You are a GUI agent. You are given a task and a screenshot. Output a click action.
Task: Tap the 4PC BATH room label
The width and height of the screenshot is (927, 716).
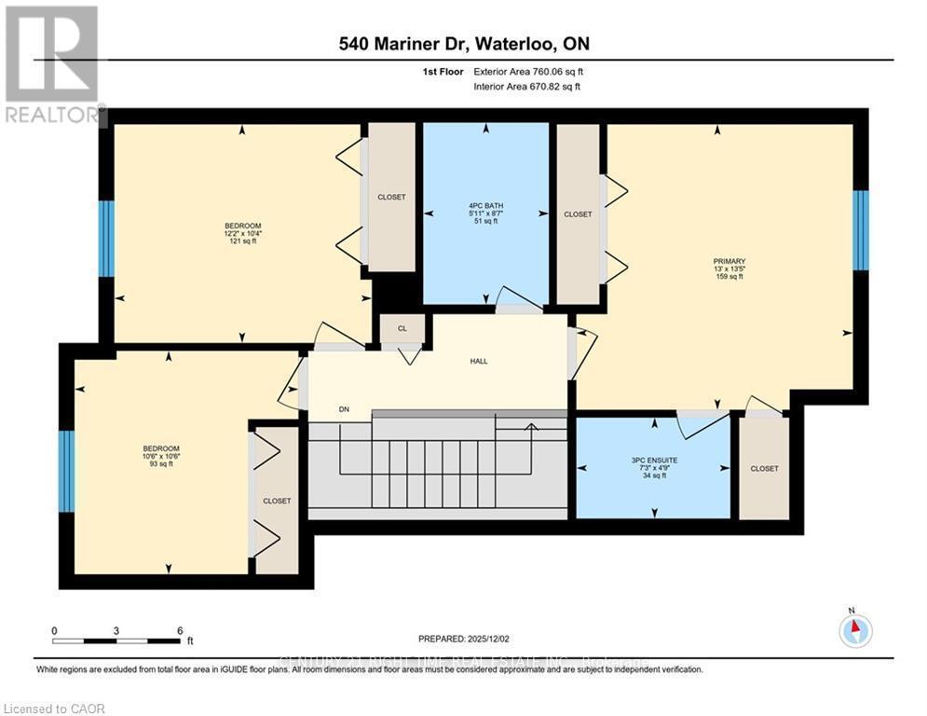click(x=485, y=213)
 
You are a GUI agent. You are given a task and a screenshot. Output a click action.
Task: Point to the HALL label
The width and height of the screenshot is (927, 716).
click(x=478, y=361)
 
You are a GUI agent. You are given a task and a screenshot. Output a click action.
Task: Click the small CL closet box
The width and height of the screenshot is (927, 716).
click(x=402, y=329)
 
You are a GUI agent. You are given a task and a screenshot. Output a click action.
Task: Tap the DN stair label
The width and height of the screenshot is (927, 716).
click(x=343, y=409)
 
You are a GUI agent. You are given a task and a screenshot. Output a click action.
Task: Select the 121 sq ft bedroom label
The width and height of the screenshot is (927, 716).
click(x=242, y=233)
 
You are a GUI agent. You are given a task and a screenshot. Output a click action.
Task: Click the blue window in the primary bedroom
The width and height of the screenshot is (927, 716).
click(x=861, y=230)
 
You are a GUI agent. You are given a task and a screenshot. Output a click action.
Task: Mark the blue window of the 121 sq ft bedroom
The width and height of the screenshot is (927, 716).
click(x=106, y=239)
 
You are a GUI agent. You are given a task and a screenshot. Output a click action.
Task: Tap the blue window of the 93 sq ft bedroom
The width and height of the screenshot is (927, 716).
click(x=66, y=471)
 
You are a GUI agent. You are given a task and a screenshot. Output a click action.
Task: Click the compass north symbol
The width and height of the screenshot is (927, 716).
click(x=854, y=630)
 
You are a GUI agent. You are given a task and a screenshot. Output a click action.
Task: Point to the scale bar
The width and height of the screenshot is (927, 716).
click(x=116, y=640)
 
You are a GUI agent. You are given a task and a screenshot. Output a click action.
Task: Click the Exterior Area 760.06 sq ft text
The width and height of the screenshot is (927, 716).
click(x=528, y=71)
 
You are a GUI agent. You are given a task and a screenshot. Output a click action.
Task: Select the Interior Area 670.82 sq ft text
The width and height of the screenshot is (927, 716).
click(x=528, y=87)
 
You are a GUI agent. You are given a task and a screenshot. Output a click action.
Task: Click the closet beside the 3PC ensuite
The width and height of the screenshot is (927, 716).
click(x=764, y=468)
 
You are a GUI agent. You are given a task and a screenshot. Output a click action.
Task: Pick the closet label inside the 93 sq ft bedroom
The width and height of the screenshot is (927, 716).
click(x=277, y=501)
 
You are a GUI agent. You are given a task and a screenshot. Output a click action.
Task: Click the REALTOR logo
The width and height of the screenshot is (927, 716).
click(x=52, y=65)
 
